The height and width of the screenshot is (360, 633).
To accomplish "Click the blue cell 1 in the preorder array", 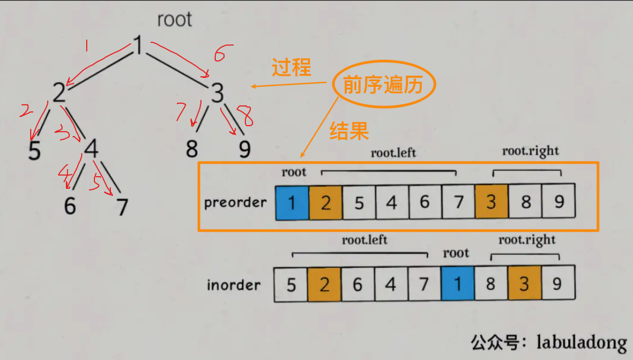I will pyautogui.click(x=292, y=203).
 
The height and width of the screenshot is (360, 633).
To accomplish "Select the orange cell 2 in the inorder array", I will pyautogui.click(x=324, y=285).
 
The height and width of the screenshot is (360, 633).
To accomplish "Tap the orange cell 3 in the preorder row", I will pyautogui.click(x=491, y=203).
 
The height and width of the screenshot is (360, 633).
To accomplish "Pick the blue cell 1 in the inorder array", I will pyautogui.click(x=457, y=285).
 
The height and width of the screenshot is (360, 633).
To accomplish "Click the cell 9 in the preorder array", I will pyautogui.click(x=559, y=203).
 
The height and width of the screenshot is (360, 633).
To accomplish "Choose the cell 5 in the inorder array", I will pyautogui.click(x=291, y=285).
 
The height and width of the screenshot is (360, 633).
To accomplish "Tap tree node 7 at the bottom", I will pyautogui.click(x=122, y=207).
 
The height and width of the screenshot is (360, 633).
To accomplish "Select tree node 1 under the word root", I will pyautogui.click(x=139, y=46).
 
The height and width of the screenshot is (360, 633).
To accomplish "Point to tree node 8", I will pyautogui.click(x=192, y=149).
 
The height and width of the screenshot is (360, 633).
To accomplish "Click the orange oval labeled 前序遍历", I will pyautogui.click(x=384, y=86).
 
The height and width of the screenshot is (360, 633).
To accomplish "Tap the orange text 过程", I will pyautogui.click(x=292, y=68).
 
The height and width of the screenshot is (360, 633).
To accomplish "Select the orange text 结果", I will pyautogui.click(x=349, y=131).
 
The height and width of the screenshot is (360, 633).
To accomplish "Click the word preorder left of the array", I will pyautogui.click(x=235, y=203).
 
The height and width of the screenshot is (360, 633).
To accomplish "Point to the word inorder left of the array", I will pyautogui.click(x=233, y=285).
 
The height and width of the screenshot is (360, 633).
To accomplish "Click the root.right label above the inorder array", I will pyautogui.click(x=527, y=240).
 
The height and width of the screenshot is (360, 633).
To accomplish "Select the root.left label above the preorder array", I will pyautogui.click(x=393, y=153).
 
